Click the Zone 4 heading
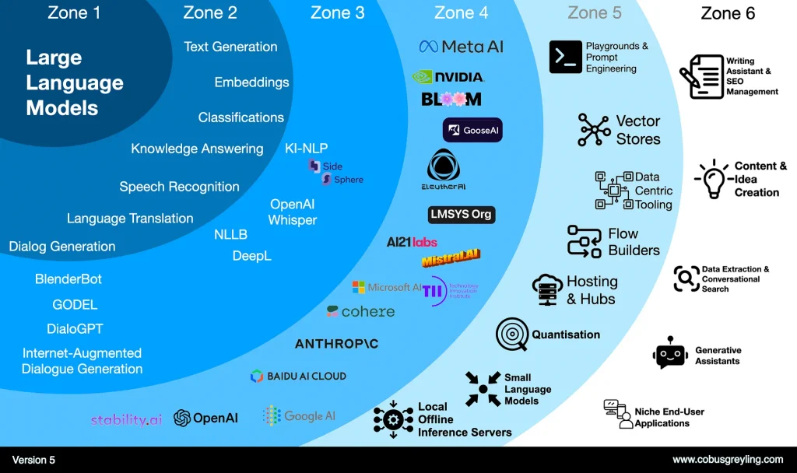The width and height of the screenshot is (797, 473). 462,12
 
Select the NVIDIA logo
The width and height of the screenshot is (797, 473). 448,77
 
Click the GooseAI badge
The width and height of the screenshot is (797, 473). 472,130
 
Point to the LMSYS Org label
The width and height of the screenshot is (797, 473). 462,214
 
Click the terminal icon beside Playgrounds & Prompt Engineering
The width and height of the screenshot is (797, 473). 565,57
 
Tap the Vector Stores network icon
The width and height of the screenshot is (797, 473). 594,130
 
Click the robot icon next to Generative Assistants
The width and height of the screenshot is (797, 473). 670,352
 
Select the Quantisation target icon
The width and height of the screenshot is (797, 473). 511,335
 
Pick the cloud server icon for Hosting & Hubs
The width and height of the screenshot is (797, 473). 547,289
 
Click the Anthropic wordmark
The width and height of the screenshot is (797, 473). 336,343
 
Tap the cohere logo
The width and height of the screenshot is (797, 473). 360,311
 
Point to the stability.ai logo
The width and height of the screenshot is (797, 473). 126,419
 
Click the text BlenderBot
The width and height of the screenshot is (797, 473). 68,279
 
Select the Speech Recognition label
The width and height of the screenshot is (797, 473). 179,187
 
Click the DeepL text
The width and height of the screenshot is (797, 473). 251,255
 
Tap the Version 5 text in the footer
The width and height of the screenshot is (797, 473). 33,460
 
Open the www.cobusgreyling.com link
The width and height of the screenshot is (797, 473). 728,460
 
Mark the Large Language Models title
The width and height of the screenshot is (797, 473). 74,82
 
